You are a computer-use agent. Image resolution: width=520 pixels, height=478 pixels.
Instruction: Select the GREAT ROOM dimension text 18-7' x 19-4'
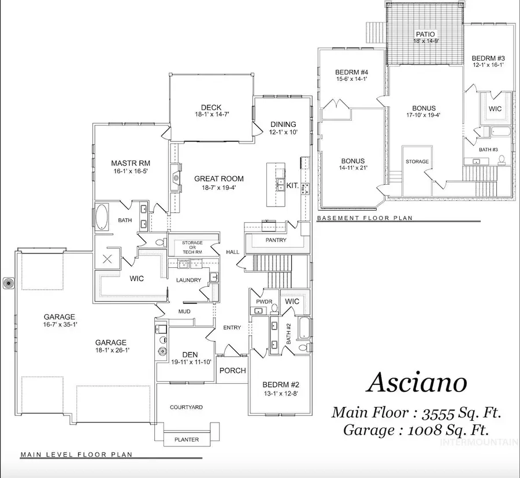coord(218,188)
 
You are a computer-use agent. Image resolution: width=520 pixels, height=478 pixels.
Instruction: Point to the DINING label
coord(283,124)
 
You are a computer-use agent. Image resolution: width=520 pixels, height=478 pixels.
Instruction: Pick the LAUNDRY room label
coord(189,281)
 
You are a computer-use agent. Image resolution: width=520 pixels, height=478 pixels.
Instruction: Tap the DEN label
coord(190,354)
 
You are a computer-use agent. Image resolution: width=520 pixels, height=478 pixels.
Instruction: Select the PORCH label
coord(233,371)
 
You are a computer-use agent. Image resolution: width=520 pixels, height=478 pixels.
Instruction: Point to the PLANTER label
coord(186,440)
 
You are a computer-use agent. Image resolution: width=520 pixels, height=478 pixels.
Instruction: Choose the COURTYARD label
coord(186,408)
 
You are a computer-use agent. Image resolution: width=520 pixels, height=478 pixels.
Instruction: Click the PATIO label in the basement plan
coord(424,35)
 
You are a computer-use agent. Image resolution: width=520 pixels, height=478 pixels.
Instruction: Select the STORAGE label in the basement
coord(417,162)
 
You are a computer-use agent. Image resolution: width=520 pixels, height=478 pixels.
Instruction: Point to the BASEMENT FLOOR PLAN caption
coord(364,218)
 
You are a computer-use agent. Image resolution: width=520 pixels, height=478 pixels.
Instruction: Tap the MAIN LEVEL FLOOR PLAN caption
coord(76,455)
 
